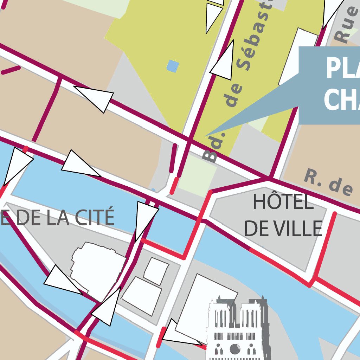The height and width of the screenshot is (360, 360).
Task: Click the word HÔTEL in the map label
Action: (283, 202)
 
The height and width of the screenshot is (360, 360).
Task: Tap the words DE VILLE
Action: (283, 229)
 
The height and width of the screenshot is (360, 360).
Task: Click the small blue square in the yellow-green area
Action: (173, 66)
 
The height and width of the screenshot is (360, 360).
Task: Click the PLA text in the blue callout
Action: (343, 69)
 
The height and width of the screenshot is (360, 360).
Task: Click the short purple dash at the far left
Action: (11, 70)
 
